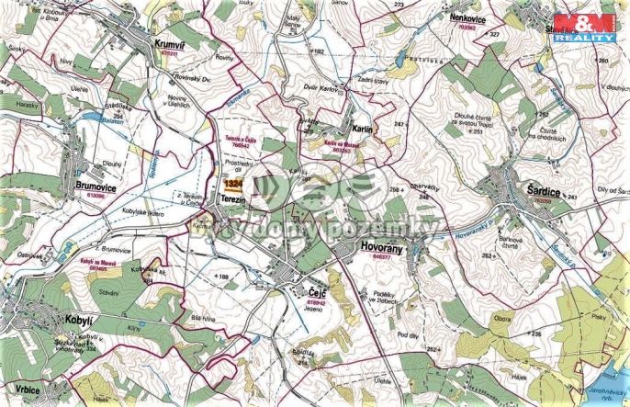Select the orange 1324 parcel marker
231,184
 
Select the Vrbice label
23,390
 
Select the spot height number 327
494,35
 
